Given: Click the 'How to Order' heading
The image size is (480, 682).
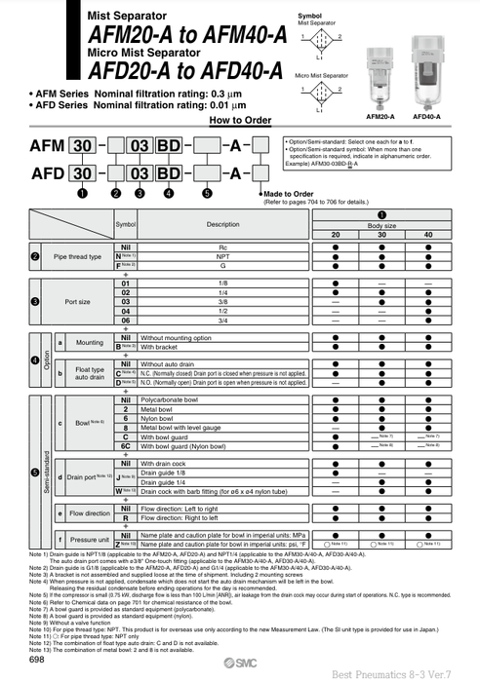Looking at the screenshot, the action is point(239,120).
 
